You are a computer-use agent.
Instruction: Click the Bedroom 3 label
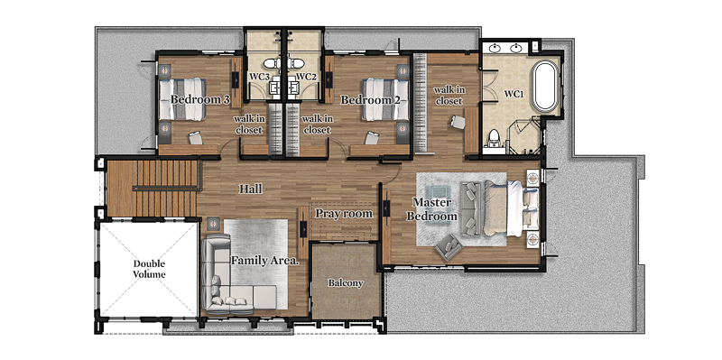(x=199, y=99)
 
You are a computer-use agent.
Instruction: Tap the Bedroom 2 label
(x=370, y=99)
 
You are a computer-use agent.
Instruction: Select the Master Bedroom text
(x=431, y=209)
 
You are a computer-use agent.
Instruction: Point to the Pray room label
(x=344, y=214)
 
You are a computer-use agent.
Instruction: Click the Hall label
(x=251, y=189)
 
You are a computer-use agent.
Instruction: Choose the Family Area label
(x=264, y=261)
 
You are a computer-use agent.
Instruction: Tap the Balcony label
(x=346, y=283)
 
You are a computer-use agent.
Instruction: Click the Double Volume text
(x=149, y=269)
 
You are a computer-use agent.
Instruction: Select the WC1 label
(x=514, y=94)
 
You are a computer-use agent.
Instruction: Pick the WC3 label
(x=260, y=77)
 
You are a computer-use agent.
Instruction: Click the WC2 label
(x=305, y=77)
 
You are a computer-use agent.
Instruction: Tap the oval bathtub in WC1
(x=545, y=87)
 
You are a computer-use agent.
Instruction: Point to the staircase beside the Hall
(x=153, y=188)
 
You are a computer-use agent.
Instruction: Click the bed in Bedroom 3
(x=182, y=99)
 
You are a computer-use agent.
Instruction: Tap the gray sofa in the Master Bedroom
(x=471, y=208)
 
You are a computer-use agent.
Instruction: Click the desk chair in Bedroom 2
(x=372, y=137)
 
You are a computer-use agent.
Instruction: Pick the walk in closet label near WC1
(x=449, y=96)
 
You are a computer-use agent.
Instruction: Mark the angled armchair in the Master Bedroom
(x=449, y=247)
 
